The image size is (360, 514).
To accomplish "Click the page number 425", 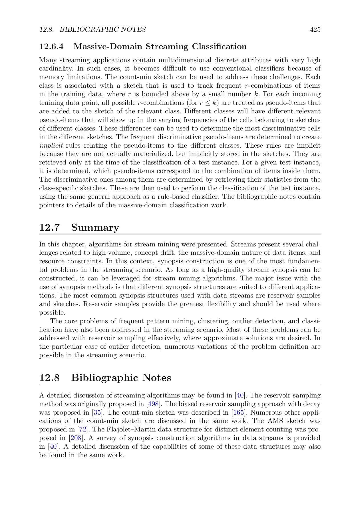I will click(x=315, y=29).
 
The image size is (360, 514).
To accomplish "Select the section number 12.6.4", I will click(x=51, y=47).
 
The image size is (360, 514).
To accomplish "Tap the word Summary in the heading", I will click(x=95, y=228).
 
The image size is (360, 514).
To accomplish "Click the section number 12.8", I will click(x=49, y=378).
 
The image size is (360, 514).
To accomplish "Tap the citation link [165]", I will click(x=238, y=413).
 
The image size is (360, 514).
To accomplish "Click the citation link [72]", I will click(x=83, y=429).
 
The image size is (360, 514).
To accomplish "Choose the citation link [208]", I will click(x=76, y=438).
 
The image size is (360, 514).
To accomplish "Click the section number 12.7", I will click(x=49, y=228).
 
